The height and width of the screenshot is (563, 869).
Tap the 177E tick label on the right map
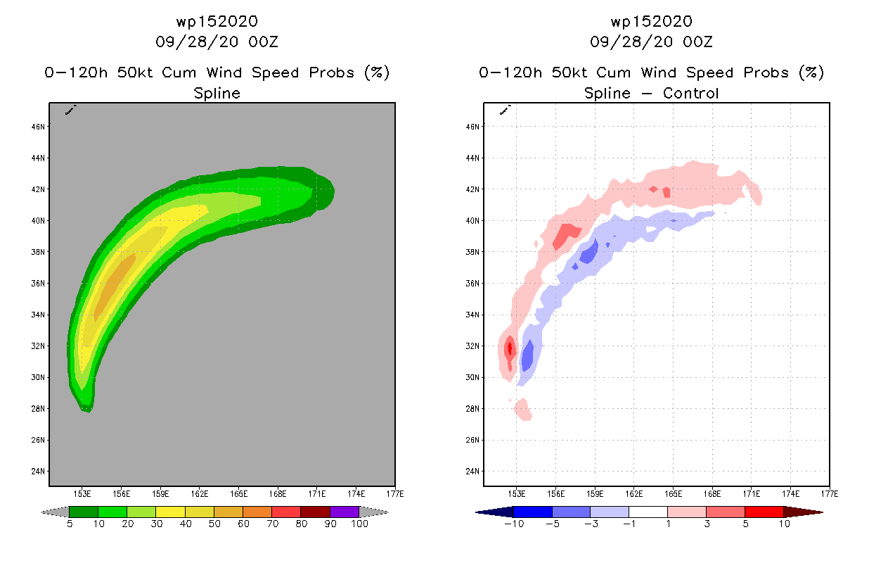[829, 493]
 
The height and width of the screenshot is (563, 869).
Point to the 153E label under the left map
[83, 493]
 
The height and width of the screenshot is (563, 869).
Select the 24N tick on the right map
[474, 472]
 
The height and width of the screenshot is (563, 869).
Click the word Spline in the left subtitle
[217, 93]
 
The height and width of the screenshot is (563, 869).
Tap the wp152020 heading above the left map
[217, 22]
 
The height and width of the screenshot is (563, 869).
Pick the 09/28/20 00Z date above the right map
[651, 42]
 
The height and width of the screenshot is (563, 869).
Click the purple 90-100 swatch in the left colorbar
[345, 512]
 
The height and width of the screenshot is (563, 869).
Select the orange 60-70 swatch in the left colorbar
[257, 512]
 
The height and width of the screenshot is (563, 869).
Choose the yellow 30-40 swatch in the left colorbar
[170, 512]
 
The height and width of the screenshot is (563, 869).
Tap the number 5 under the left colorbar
[69, 524]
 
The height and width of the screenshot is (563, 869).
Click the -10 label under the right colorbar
[513, 524]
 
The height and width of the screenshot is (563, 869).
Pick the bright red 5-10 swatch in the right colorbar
[764, 512]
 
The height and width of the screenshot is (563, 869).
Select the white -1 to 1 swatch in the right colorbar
[648, 512]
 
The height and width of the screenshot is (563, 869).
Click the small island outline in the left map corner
[70, 110]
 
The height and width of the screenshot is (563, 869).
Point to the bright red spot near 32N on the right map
[510, 347]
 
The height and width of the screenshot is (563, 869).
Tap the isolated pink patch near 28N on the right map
[523, 409]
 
